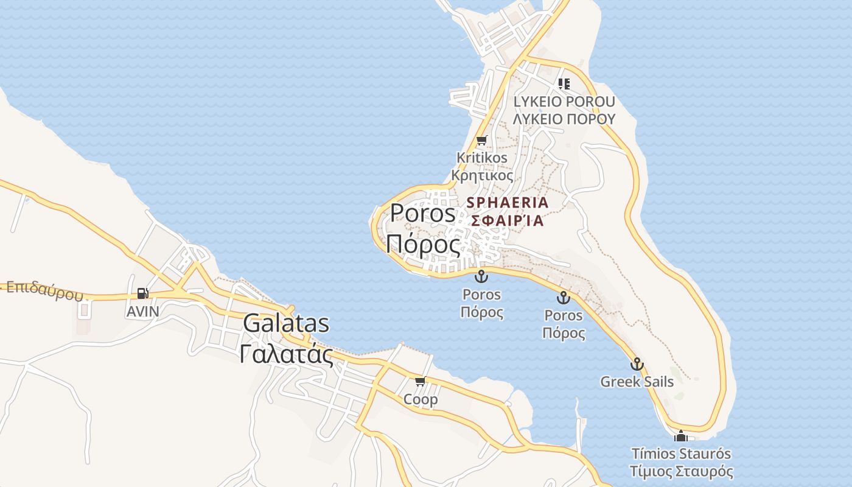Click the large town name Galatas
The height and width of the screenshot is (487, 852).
coord(286,323)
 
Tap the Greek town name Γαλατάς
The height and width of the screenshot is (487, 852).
coord(286,354)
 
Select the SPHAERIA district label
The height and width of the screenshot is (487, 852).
coord(508,202)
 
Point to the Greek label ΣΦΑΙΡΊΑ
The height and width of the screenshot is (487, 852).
coord(508,220)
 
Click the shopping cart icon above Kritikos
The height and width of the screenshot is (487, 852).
coord(482,141)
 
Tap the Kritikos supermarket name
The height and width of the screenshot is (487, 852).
coord(482,158)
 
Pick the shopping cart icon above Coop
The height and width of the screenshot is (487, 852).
coord(420,382)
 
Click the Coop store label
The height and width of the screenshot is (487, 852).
coord(421,399)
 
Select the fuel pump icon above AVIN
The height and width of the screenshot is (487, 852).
coord(142,293)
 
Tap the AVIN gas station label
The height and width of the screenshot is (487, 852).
coord(142,312)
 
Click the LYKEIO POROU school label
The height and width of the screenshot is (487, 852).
coord(564,102)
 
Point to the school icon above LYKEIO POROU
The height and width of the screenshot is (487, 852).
coord(564,84)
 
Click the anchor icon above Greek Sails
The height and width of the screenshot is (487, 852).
coord(637,364)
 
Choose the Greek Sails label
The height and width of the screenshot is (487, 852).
coord(637,382)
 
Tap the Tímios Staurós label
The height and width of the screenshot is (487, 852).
coord(681,454)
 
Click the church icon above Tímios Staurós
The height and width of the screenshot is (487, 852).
coord(680,436)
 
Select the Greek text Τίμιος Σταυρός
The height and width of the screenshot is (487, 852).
coord(681,471)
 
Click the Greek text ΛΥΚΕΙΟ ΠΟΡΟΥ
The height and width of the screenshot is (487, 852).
coord(564,119)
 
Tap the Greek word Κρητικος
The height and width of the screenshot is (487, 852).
coord(482,175)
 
